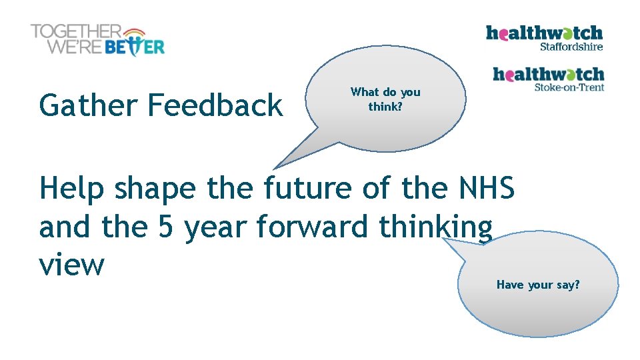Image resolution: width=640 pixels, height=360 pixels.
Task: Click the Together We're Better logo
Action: pyautogui.click(x=97, y=40)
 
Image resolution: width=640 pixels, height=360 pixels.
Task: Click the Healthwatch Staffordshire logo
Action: pyautogui.click(x=544, y=38)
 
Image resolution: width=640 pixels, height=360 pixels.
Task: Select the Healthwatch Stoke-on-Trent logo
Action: pyautogui.click(x=548, y=78)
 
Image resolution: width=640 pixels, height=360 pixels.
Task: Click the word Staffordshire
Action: pyautogui.click(x=571, y=47)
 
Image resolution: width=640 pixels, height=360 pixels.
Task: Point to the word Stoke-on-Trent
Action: pyautogui.click(x=569, y=87)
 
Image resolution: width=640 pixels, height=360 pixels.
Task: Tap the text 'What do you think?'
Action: pyautogui.click(x=385, y=99)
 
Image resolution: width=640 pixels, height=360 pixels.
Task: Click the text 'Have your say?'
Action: pyautogui.click(x=538, y=285)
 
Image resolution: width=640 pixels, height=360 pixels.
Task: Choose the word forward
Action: pyautogui.click(x=311, y=227)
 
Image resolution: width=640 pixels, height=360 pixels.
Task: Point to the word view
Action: pyautogui.click(x=72, y=265)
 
